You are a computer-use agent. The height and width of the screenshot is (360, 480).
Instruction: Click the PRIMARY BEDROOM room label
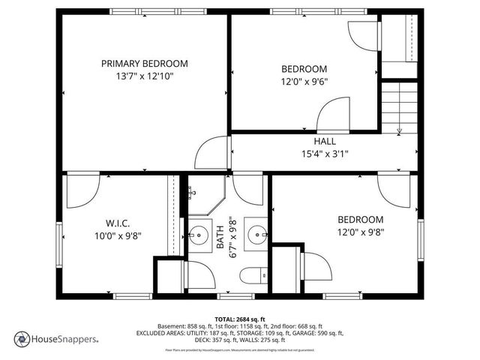[145, 64]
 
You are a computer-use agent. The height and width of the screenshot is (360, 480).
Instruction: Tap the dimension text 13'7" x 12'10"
[145, 76]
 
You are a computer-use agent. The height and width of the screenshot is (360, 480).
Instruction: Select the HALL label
[325, 141]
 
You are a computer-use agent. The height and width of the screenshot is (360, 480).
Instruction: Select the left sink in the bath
[199, 236]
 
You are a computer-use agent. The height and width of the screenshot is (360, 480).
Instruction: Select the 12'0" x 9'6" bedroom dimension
[304, 81]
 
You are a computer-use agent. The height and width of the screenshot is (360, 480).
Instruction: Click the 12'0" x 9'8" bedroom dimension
[360, 232]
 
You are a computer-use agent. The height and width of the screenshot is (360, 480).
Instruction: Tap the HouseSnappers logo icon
[22, 338]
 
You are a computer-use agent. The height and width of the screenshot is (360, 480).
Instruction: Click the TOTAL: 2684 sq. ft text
[240, 319]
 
